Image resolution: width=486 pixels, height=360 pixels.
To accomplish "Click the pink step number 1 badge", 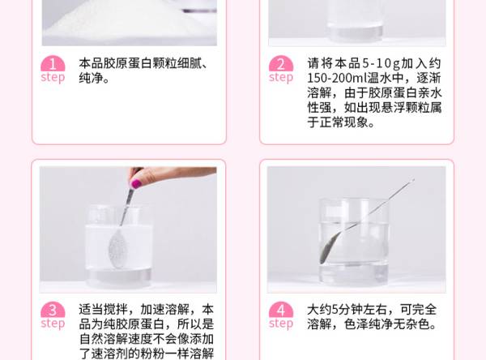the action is click(53, 63).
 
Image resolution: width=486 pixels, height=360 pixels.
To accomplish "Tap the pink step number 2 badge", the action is click(281, 63).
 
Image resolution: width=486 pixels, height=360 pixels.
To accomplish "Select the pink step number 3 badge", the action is click(53, 310).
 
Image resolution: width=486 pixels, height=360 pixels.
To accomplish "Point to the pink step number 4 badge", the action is click(281, 310).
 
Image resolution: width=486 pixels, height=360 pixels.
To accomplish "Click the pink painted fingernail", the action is click(136, 183).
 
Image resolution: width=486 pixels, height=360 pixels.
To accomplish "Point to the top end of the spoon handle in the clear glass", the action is click(413, 180).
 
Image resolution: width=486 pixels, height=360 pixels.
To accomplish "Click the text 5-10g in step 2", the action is click(381, 63).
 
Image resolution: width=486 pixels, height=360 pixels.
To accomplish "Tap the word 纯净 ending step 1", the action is click(91, 78).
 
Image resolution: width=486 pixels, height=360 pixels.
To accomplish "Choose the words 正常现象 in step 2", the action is click(343, 122).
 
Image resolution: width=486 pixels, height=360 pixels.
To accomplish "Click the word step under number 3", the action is click(53, 324).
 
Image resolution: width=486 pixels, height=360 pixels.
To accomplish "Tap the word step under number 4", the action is click(281, 324).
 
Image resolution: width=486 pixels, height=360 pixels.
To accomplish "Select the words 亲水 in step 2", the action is click(429, 92).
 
